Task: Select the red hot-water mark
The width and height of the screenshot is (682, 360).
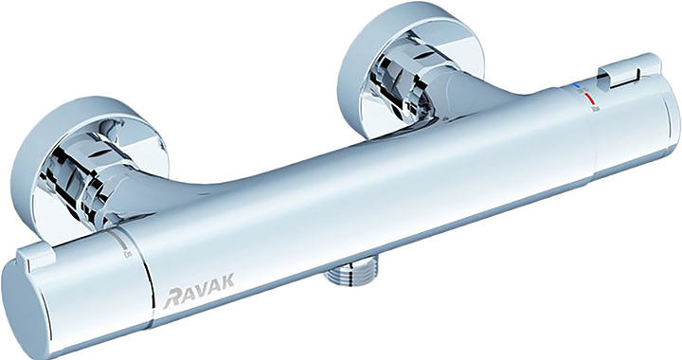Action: coord(589,98)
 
